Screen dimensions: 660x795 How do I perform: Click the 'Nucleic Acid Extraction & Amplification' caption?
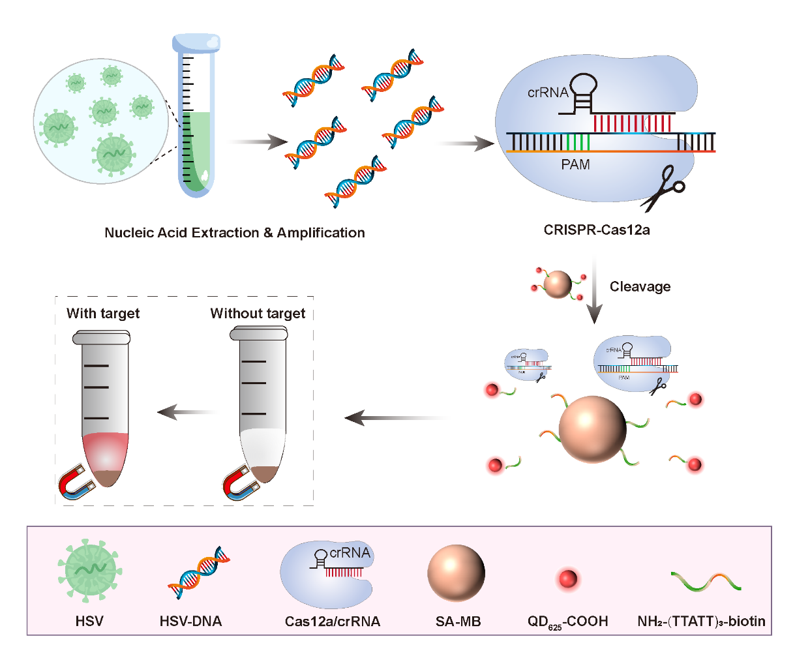pos(235,233)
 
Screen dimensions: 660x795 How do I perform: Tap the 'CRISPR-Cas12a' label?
pos(597,230)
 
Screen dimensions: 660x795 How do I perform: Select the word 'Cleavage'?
pos(640,287)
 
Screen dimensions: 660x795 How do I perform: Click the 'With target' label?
pos(103,313)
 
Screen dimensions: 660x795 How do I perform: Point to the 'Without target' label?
pos(258,313)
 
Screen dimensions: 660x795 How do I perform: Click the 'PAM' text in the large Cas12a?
pos(575,165)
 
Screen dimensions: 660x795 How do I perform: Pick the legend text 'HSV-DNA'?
pos(190,622)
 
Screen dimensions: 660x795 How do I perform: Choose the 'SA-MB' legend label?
pos(458,622)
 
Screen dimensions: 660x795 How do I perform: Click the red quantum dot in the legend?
pos(567,578)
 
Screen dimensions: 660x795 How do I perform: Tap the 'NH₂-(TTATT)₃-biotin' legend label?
pos(701,622)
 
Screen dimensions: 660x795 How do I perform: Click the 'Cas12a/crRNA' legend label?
pos(333,622)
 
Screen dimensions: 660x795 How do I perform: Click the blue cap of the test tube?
pos(196,43)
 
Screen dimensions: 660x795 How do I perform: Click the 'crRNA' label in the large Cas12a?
pos(548,93)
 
